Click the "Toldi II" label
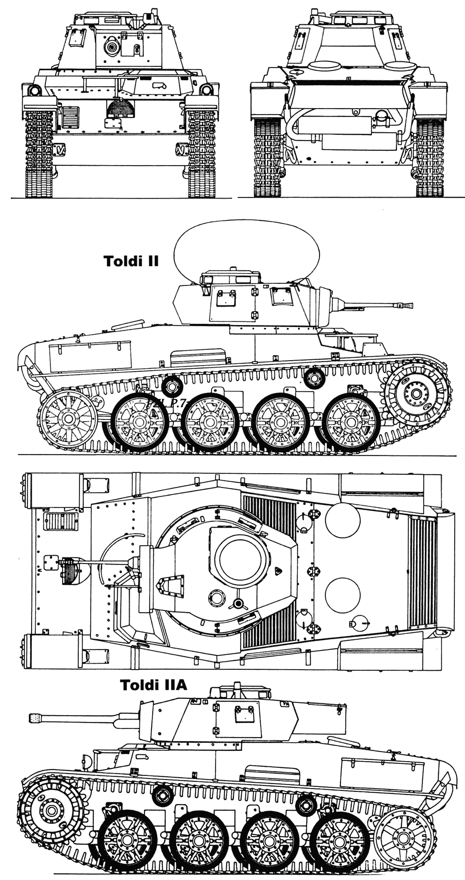tap(131, 261)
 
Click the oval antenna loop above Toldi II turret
tap(247, 250)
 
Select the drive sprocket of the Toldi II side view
tap(416, 394)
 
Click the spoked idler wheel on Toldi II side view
tap(67, 418)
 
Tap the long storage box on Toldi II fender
tap(90, 357)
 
